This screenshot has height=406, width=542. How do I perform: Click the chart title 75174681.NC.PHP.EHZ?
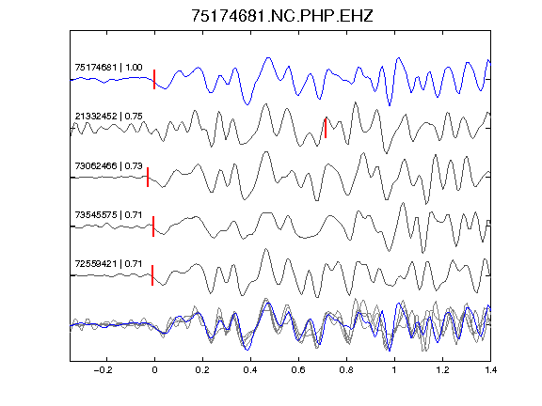click(282, 16)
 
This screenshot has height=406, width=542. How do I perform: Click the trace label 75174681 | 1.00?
click(108, 67)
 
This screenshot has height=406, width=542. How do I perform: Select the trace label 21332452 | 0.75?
click(108, 116)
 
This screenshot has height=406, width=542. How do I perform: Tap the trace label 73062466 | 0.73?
click(108, 165)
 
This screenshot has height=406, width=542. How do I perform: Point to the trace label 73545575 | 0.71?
click(108, 214)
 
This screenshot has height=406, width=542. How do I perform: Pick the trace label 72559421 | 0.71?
click(108, 264)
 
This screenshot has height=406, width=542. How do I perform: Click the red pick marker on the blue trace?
click(154, 79)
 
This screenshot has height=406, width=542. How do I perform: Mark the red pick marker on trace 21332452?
click(326, 128)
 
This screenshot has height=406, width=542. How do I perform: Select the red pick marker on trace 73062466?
click(148, 177)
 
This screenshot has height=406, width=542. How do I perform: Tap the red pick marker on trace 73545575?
click(153, 226)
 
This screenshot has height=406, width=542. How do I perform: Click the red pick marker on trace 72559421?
click(152, 275)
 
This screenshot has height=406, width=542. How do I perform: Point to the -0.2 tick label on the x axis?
click(103, 370)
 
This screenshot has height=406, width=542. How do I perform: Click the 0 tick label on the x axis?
click(154, 370)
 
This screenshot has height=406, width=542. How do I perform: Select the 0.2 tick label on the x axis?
click(202, 370)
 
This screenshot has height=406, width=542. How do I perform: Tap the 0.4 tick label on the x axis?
click(250, 370)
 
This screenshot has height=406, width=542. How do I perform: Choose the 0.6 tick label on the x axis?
click(298, 370)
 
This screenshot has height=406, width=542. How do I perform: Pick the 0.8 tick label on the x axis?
click(346, 370)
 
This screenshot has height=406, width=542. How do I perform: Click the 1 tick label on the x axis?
click(394, 370)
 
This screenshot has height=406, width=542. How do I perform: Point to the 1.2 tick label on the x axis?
click(442, 370)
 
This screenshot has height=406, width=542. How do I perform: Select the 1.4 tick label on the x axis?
click(490, 370)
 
